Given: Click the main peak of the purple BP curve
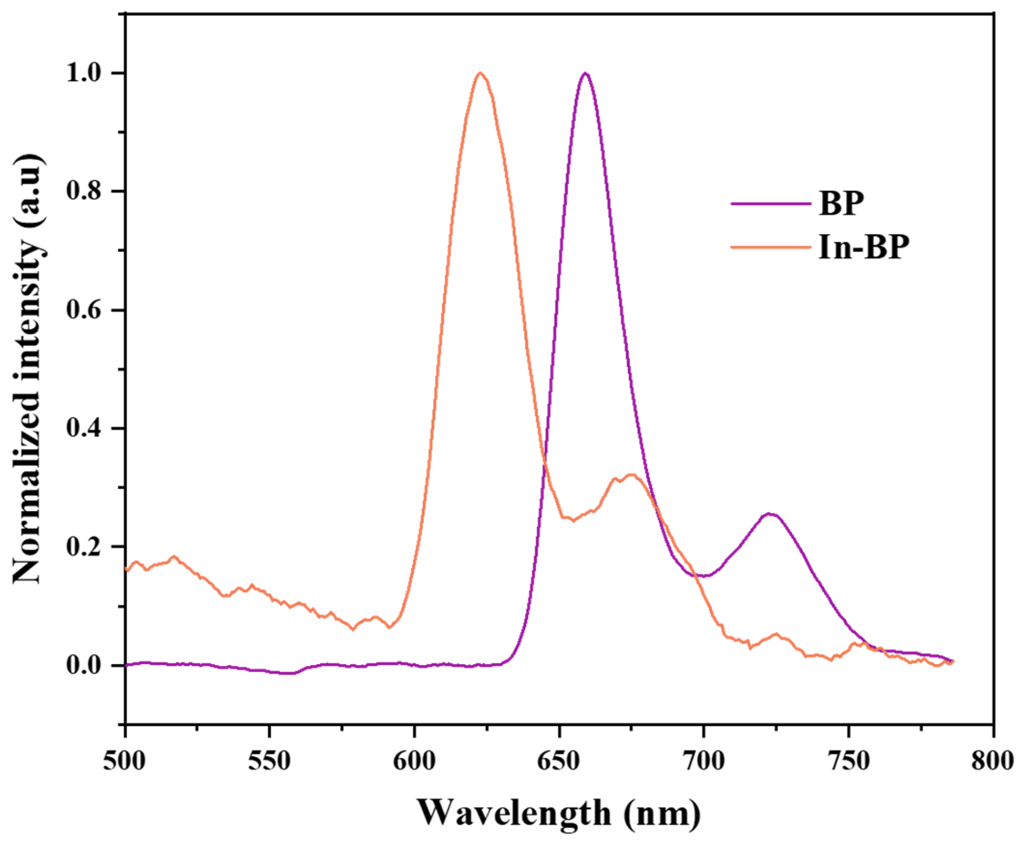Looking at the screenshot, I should pyautogui.click(x=586, y=74).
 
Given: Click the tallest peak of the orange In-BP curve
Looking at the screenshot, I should pyautogui.click(x=480, y=74).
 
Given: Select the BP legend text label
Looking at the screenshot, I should pyautogui.click(x=841, y=204).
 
